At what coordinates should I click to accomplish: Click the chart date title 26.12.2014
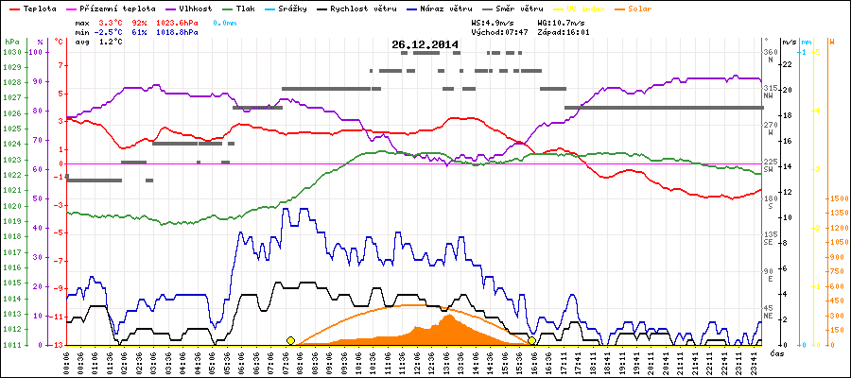click(425, 44)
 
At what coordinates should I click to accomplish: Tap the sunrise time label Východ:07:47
click(498, 31)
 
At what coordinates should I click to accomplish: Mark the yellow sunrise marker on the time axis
click(290, 340)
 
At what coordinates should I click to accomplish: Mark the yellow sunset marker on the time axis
click(532, 340)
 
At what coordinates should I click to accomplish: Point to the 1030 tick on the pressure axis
click(11, 52)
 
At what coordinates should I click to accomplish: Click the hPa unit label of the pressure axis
click(11, 43)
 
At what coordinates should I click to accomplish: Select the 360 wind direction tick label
click(769, 52)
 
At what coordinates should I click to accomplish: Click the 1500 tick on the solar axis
click(838, 199)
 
